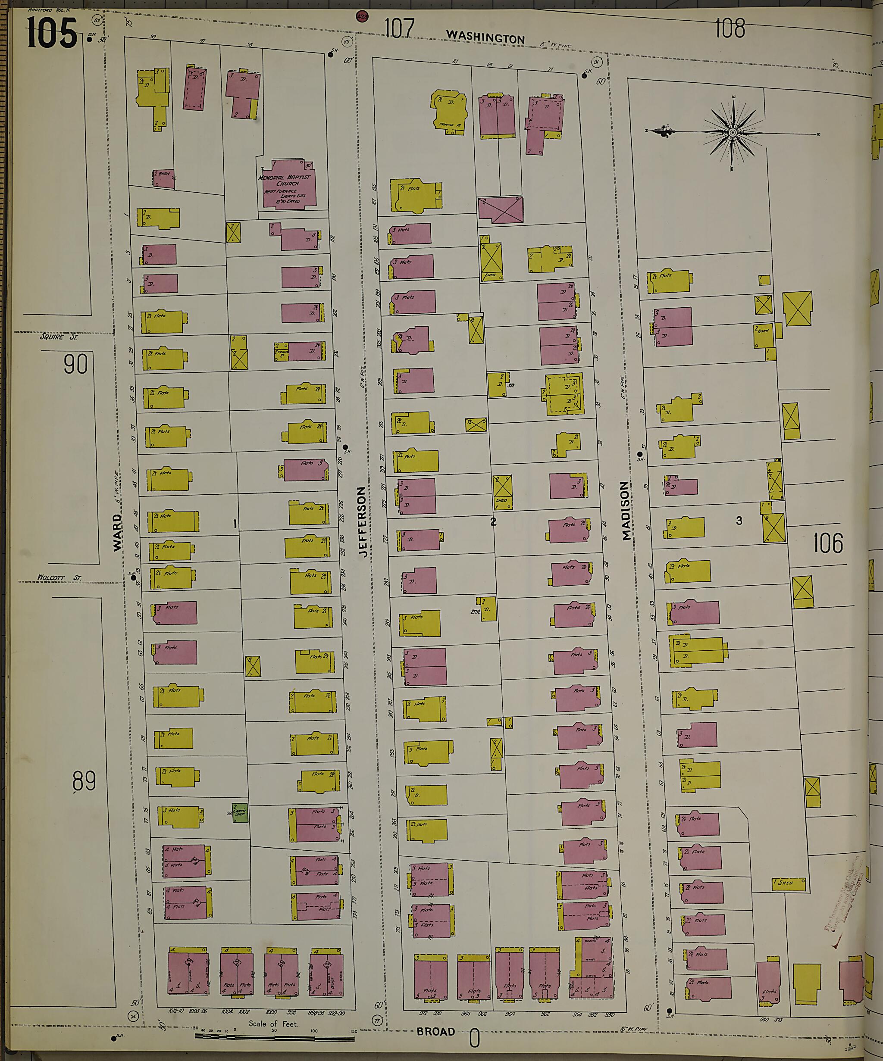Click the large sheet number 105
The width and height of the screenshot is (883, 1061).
click(x=52, y=33)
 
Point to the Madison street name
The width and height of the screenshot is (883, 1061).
click(x=626, y=510)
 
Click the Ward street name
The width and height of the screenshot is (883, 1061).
click(x=117, y=533)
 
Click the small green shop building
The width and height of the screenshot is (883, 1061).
click(x=240, y=812)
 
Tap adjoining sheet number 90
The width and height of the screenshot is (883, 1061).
click(x=75, y=364)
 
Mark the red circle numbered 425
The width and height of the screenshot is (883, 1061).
click(x=362, y=17)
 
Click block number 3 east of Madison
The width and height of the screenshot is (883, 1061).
click(x=739, y=521)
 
